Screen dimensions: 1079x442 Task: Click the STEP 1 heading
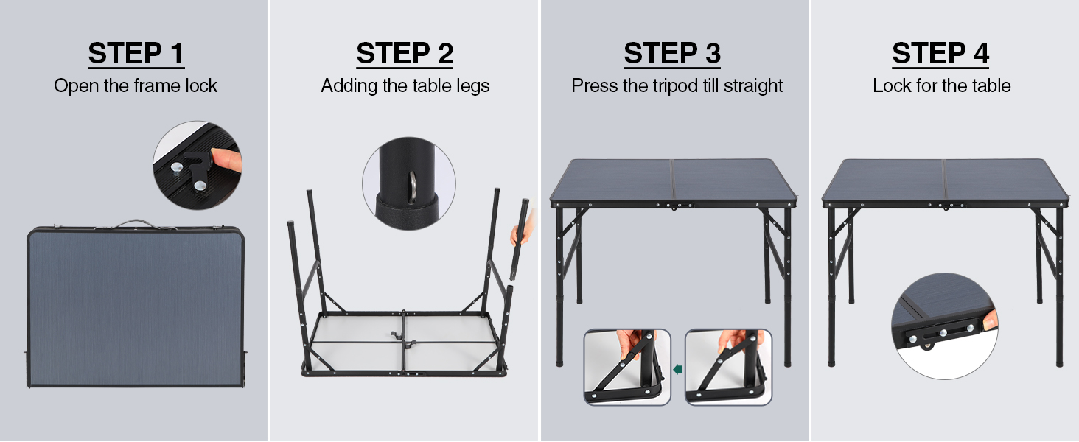tap(136, 53)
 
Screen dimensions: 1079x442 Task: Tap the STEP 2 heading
tap(405, 53)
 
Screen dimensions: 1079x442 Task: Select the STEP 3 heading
tap(672, 53)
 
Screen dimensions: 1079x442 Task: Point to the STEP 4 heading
tap(940, 53)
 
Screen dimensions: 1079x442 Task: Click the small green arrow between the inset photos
tap(678, 369)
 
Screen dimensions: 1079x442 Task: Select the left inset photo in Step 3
tap(627, 367)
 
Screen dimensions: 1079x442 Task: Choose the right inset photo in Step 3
tap(728, 367)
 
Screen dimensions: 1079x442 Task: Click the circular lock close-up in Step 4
tap(945, 326)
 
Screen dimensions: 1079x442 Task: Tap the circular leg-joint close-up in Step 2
tap(409, 183)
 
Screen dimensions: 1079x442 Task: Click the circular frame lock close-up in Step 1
tap(198, 165)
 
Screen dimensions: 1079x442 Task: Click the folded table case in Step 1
tap(136, 306)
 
